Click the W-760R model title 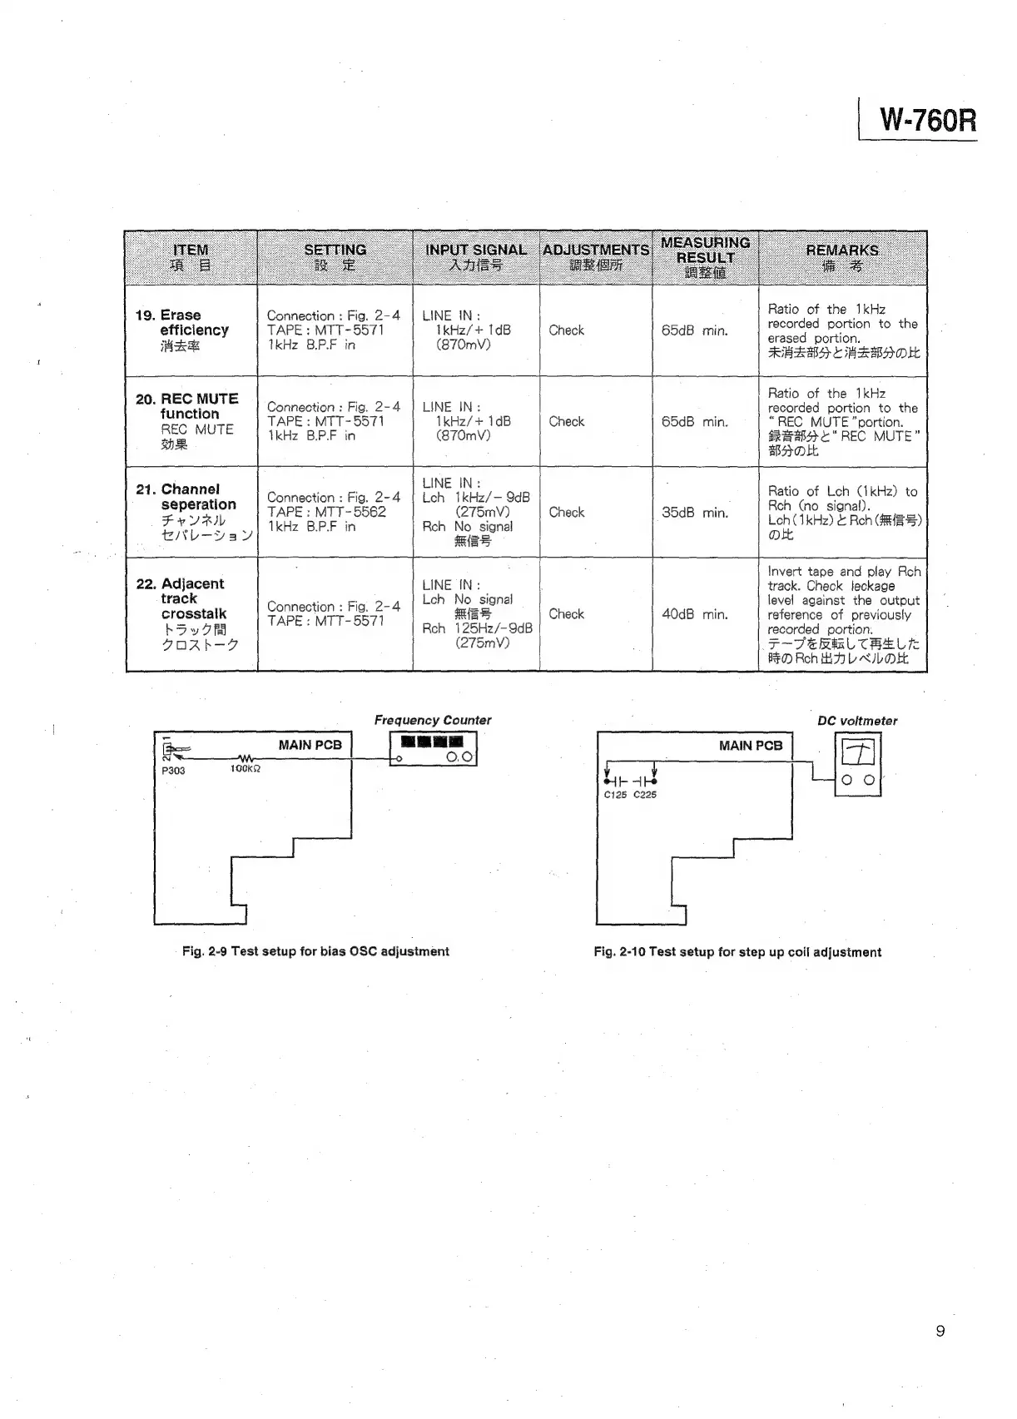click(927, 122)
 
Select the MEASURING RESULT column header click(705, 257)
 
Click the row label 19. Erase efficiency click(182, 323)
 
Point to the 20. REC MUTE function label click(187, 406)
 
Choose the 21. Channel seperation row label click(191, 497)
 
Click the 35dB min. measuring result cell click(694, 513)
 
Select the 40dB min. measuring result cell click(694, 614)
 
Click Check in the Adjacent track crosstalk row click(566, 614)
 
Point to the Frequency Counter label click(432, 721)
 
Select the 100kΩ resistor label click(246, 770)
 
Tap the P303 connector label click(173, 771)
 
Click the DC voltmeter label click(857, 722)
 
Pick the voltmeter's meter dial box click(857, 753)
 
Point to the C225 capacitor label click(645, 795)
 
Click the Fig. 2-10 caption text click(737, 952)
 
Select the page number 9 click(940, 1332)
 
